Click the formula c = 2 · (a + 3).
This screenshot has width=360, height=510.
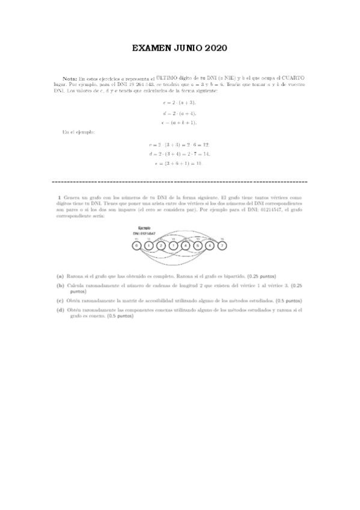point(179,103)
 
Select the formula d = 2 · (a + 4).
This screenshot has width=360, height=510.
point(179,112)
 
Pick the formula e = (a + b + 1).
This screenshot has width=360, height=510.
point(179,122)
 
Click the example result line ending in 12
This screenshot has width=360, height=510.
point(179,145)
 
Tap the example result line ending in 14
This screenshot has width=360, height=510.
point(179,154)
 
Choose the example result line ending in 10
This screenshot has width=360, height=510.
point(179,163)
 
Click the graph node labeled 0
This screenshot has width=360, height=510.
point(137,245)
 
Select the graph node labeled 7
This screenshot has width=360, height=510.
point(222,245)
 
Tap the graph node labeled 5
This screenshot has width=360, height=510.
point(198,245)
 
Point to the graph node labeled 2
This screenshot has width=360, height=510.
point(161,245)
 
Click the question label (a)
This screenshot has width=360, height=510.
point(60,276)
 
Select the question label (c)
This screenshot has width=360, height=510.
point(60,300)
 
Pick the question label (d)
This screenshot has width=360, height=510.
point(60,310)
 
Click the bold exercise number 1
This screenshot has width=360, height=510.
point(58,197)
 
